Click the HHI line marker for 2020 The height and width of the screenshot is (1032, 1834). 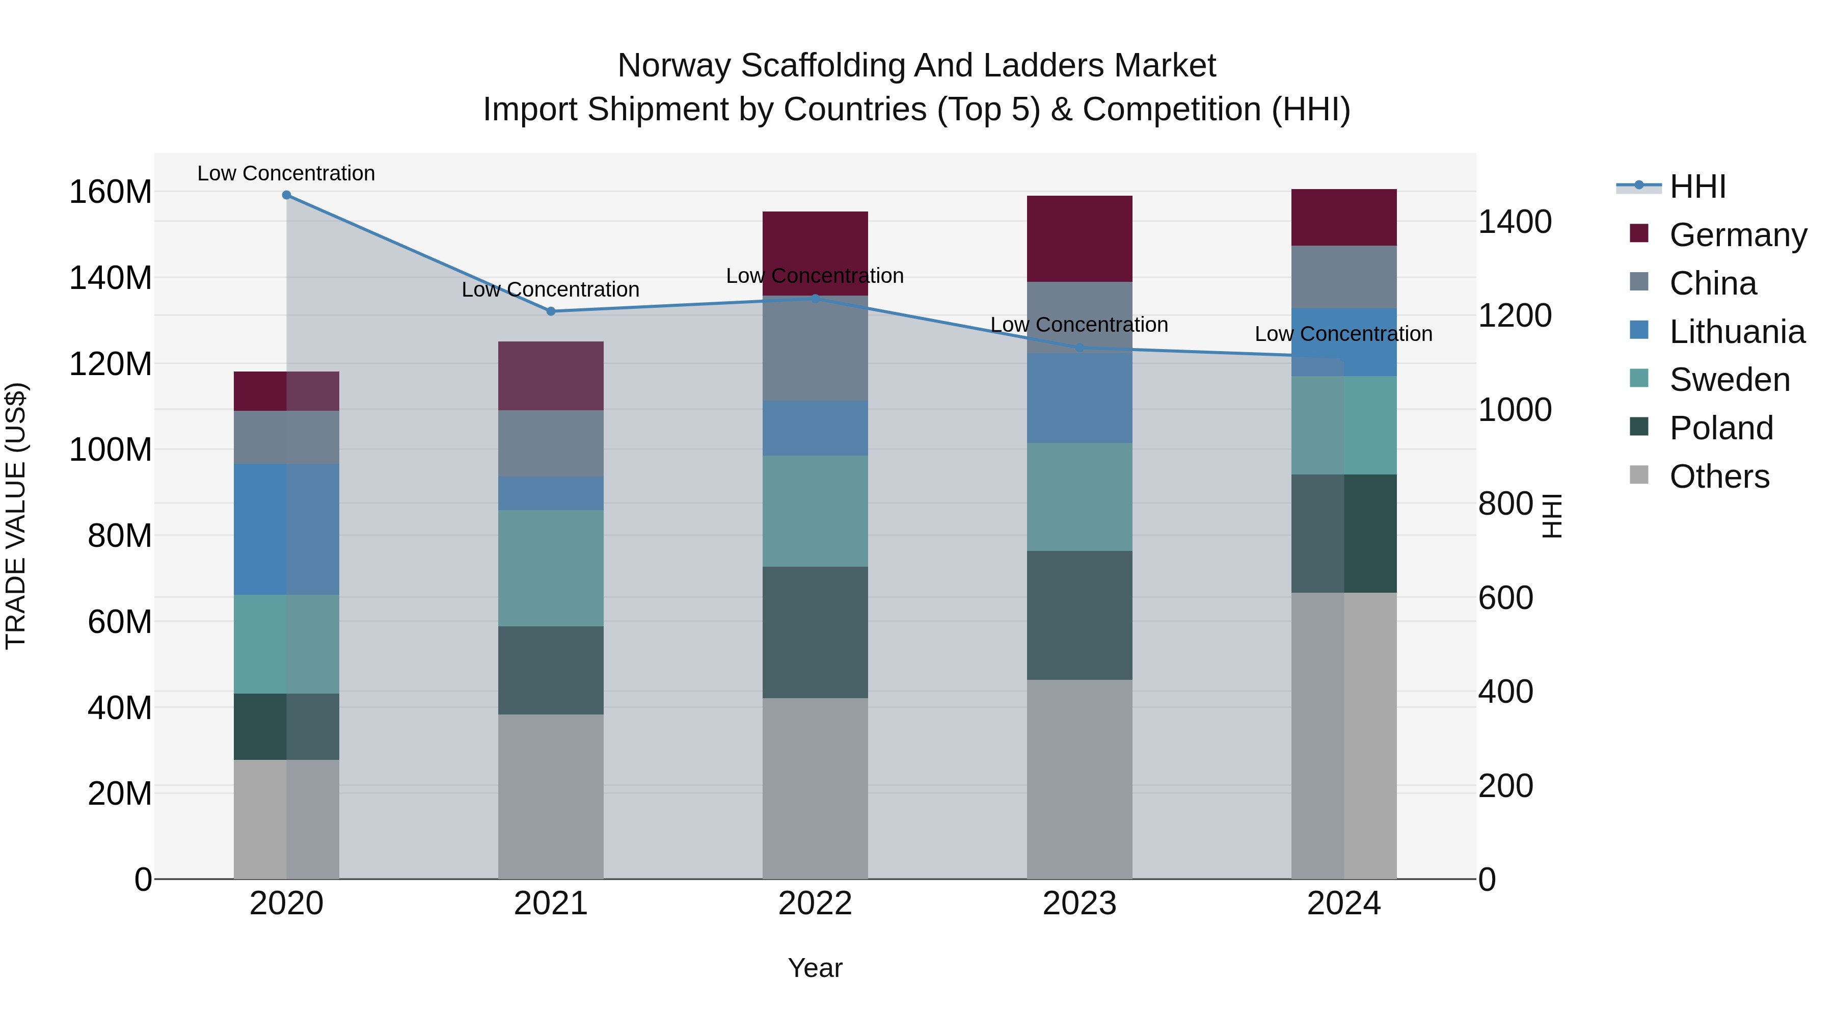tap(286, 195)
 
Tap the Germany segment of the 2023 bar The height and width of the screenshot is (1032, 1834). tap(1080, 239)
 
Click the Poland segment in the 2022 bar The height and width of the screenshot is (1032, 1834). tap(815, 632)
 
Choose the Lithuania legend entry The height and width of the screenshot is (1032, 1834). tap(1737, 332)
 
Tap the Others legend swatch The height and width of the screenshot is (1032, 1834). tap(1639, 475)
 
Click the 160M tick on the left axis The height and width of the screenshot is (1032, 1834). tap(111, 192)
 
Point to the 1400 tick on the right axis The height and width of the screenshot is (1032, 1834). tap(1515, 222)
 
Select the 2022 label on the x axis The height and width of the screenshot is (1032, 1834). tap(815, 904)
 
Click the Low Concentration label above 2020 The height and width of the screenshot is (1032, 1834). tap(286, 173)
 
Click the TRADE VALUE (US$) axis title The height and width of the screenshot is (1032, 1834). tap(16, 516)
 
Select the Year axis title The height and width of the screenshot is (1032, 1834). tap(815, 968)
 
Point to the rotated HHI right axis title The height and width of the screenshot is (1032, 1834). tap(1552, 516)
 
